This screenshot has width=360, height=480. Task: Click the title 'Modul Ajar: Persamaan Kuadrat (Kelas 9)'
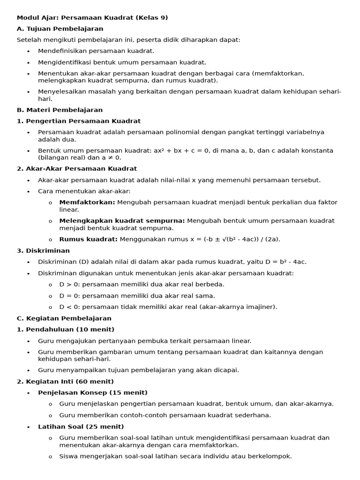click(x=92, y=18)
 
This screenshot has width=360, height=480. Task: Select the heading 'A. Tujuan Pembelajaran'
click(x=60, y=29)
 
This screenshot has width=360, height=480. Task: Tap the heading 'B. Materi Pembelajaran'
click(x=60, y=110)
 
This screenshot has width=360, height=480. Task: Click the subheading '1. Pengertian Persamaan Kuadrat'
click(x=79, y=121)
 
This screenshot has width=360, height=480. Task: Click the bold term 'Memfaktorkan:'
click(x=87, y=202)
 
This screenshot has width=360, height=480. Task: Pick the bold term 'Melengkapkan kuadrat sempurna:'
click(x=122, y=220)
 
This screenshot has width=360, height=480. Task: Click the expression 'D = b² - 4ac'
click(x=284, y=262)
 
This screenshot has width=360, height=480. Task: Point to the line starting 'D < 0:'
click(x=168, y=307)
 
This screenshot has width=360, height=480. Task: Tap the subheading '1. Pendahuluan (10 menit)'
click(x=66, y=330)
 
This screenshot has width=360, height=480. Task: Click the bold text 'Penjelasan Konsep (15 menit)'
click(x=93, y=392)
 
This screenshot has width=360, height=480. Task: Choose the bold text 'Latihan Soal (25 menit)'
click(x=81, y=427)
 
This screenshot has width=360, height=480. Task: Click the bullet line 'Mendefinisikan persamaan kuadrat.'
click(x=96, y=51)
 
